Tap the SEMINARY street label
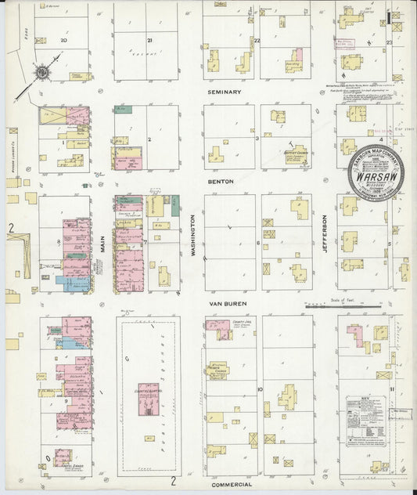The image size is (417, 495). [225, 92]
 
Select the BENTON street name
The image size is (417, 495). [221, 180]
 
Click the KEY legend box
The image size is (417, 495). [366, 423]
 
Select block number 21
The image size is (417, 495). [149, 40]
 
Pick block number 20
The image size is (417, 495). [63, 40]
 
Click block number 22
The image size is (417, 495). [256, 40]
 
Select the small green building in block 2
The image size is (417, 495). [120, 109]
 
